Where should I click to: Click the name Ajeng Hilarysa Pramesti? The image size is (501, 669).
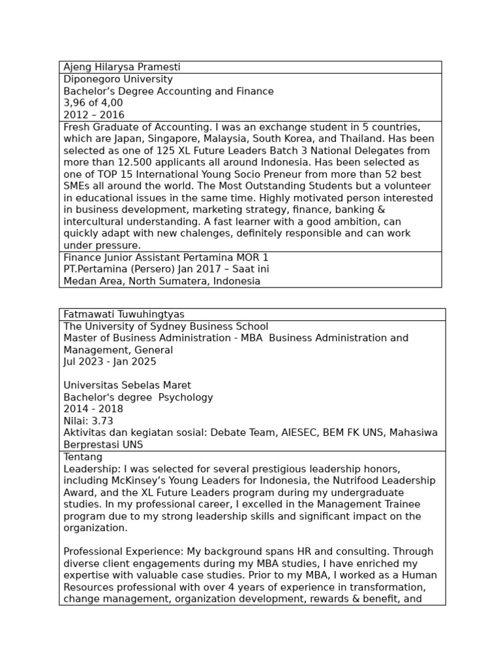tap(122, 67)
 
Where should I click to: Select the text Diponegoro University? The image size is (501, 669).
tap(118, 80)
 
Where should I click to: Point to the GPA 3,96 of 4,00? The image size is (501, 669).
tap(93, 103)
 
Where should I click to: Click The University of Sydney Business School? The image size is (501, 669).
tap(166, 327)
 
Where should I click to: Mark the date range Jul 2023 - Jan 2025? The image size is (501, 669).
tap(110, 362)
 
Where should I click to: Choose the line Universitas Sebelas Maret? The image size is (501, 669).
tap(127, 385)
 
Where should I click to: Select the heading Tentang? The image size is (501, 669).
tap(83, 457)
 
